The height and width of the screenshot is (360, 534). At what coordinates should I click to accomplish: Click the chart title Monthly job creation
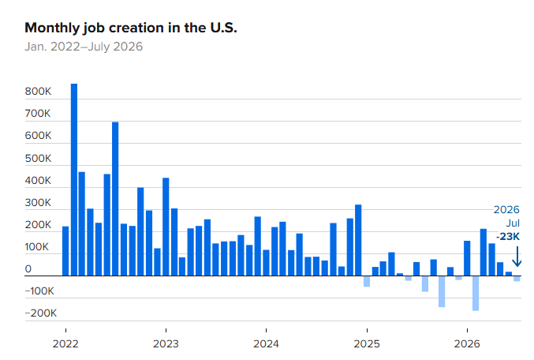[130, 28]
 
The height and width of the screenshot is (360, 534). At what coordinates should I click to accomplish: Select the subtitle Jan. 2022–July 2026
[84, 47]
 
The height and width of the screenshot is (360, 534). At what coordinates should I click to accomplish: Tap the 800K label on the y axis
[38, 92]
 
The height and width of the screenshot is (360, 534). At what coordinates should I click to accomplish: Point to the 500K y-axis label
[38, 158]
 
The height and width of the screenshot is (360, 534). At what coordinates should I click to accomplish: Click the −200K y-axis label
[41, 313]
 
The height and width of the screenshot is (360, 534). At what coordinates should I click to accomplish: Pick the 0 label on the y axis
[28, 269]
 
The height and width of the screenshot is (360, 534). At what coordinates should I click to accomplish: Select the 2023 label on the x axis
[166, 343]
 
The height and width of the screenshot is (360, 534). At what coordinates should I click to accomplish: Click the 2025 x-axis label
[367, 343]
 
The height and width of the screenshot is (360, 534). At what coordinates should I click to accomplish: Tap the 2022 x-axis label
[65, 343]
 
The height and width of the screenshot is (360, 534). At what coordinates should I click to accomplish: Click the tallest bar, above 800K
[74, 180]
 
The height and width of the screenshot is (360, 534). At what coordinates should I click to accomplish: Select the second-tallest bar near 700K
[115, 199]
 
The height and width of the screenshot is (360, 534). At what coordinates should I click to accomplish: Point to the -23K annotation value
[508, 236]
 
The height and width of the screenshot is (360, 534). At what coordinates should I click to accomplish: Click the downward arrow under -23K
[517, 257]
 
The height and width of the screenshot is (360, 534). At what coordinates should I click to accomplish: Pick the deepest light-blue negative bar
[476, 293]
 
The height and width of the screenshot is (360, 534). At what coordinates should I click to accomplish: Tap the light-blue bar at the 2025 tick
[367, 281]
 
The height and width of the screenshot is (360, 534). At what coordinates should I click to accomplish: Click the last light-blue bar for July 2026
[517, 279]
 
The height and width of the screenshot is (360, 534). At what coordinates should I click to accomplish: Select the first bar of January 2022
[65, 251]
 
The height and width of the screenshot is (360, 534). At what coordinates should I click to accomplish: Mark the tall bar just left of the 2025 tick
[358, 240]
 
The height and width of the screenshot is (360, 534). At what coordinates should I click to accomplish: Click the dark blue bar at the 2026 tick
[467, 258]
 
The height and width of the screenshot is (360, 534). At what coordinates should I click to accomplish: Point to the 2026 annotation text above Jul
[506, 209]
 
